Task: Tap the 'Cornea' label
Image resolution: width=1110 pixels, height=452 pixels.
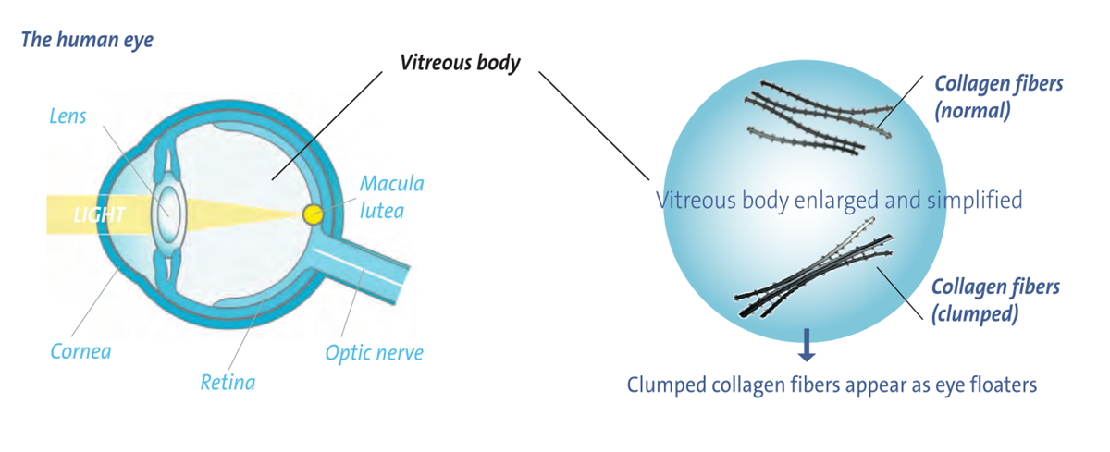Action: point(80,352)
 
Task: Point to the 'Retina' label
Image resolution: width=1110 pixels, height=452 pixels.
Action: point(228,381)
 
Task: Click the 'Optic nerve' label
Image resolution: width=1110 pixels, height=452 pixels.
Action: point(374,352)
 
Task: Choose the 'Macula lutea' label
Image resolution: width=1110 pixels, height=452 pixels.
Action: point(392,197)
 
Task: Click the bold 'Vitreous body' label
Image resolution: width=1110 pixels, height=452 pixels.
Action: point(460,63)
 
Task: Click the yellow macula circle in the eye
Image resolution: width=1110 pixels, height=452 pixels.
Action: point(314,214)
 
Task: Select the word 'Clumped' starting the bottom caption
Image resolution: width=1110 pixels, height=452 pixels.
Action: point(664,384)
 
